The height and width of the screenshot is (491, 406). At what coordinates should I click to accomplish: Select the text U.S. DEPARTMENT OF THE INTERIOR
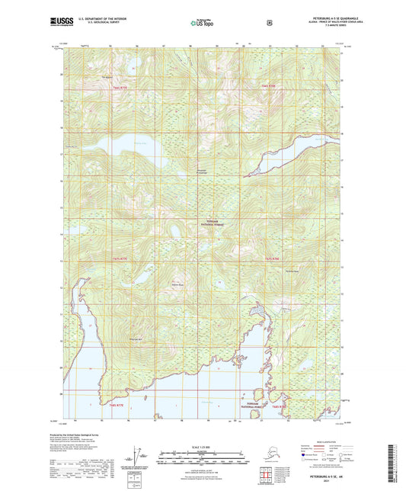click(106, 20)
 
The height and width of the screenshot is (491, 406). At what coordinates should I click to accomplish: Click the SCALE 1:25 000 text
click(202, 446)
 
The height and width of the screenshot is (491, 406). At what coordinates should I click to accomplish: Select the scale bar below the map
click(202, 459)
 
